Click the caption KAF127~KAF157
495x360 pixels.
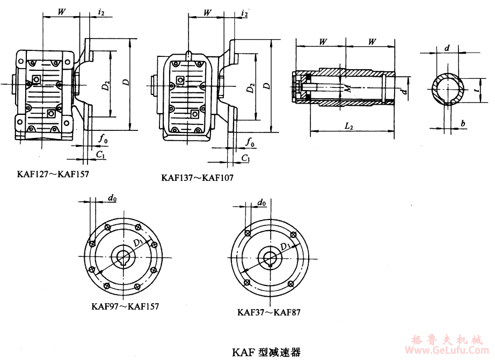[53, 174]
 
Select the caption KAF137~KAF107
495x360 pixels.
[197, 177]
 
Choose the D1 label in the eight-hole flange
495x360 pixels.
[139, 244]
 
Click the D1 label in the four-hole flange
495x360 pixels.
[284, 247]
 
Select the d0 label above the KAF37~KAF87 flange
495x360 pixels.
[261, 202]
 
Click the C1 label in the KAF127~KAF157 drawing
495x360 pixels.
[100, 155]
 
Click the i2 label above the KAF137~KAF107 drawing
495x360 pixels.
[245, 13]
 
